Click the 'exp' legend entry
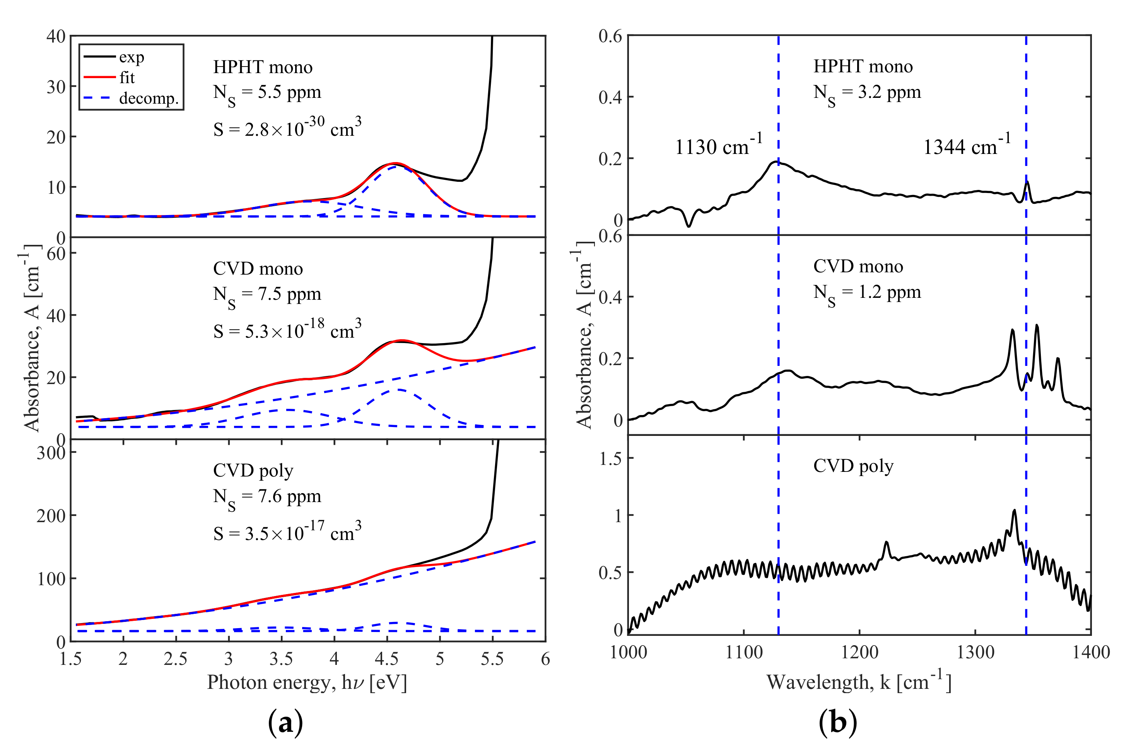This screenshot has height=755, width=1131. click(x=131, y=57)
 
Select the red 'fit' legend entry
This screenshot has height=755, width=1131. click(x=126, y=77)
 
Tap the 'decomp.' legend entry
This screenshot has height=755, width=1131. click(x=148, y=98)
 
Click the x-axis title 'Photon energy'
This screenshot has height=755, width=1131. click(x=307, y=683)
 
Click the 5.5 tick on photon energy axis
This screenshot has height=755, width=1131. click(x=492, y=659)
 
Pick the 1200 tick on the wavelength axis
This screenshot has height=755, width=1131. click(x=859, y=653)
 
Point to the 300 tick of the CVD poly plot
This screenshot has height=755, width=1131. click(x=51, y=453)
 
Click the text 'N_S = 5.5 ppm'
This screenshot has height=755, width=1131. click(x=267, y=93)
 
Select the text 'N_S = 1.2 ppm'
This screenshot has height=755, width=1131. click(x=867, y=293)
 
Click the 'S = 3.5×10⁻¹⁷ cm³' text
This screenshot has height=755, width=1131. click(x=287, y=533)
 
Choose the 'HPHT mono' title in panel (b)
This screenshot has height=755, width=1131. click(x=863, y=67)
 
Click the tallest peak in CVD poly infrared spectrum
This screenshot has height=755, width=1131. click(x=1014, y=511)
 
